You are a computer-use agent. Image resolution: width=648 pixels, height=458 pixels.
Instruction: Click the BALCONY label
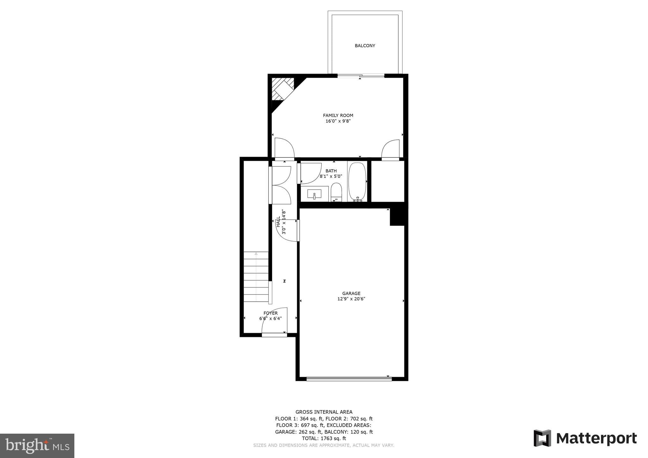pos(365,46)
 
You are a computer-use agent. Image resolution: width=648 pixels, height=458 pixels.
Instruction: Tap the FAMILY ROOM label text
pos(338,115)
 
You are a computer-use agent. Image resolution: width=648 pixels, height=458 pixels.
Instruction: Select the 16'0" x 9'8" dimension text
pos(338,121)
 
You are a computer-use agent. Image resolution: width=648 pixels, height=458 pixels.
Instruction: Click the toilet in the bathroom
pos(336,192)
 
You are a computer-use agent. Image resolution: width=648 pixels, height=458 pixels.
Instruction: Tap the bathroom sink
pos(314,194)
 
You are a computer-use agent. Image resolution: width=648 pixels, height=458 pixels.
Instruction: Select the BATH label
pos(331,171)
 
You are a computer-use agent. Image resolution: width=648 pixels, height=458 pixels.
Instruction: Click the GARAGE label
pos(351,293)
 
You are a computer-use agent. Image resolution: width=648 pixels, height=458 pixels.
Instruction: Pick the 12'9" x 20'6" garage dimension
pos(351,299)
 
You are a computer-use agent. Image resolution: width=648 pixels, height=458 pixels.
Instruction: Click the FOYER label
pos(271,313)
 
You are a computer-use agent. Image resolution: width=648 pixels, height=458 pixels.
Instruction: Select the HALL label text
pos(278,222)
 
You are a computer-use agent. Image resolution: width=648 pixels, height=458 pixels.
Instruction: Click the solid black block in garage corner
pos(397,217)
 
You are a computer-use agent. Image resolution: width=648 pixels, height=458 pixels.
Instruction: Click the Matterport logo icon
pos(542,438)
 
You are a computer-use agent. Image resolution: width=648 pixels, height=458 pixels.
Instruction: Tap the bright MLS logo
pos(37,446)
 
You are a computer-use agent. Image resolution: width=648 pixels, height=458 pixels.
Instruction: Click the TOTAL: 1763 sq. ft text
pos(324,438)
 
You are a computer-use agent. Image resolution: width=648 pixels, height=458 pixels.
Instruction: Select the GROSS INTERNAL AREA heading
pos(324,412)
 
